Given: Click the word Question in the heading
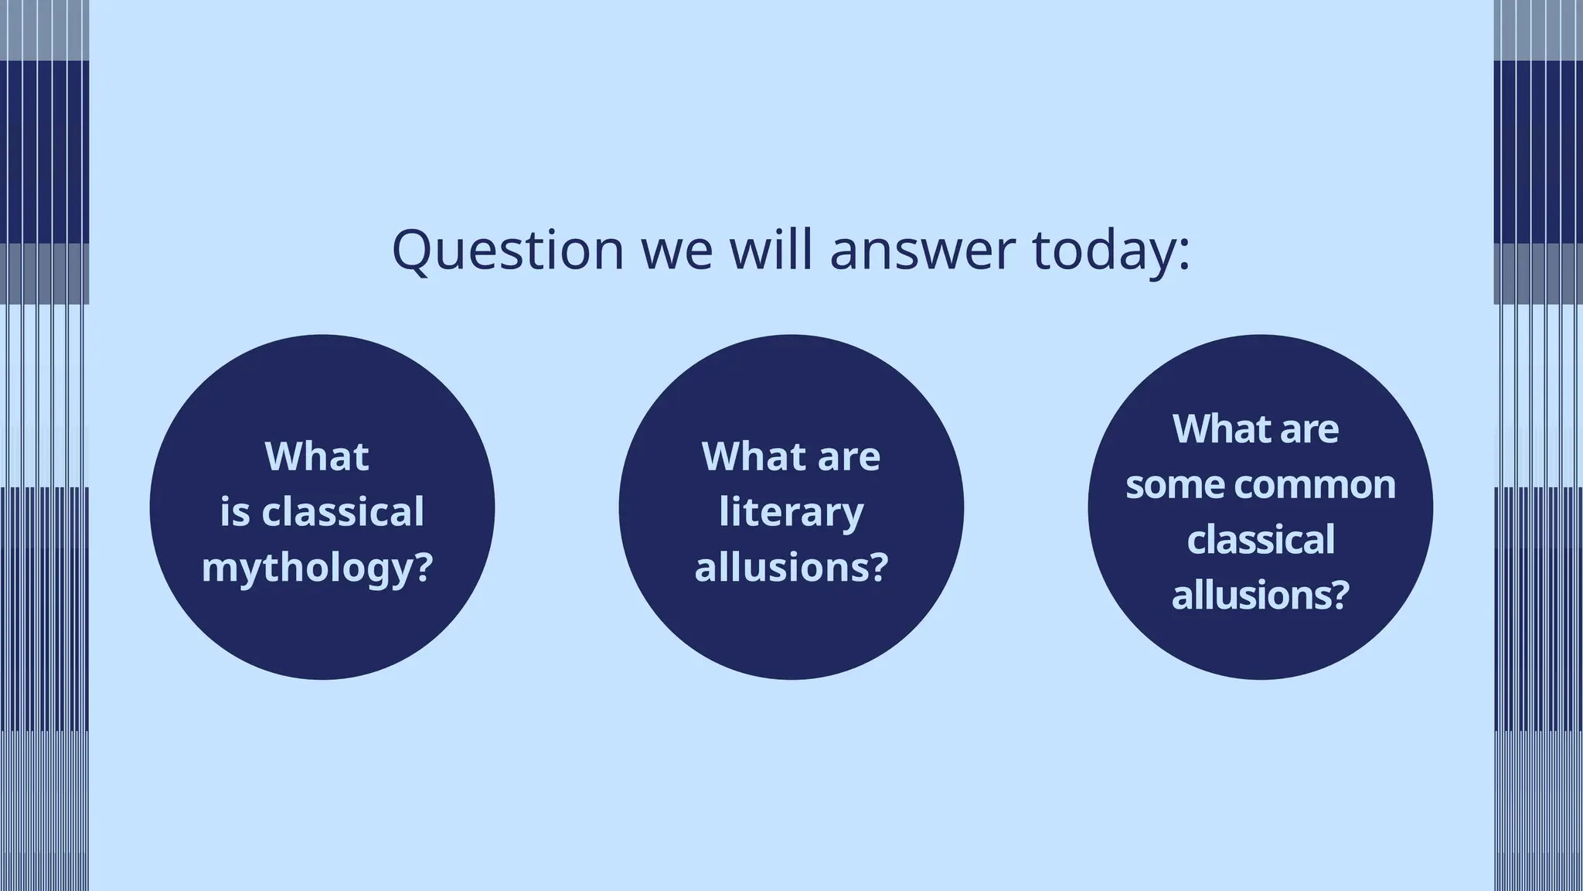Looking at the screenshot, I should pyautogui.click(x=507, y=250).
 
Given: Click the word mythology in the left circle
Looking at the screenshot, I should pyautogui.click(x=307, y=568).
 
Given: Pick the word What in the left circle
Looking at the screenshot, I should pyautogui.click(x=317, y=456).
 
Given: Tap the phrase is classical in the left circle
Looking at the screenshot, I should pyautogui.click(x=322, y=512).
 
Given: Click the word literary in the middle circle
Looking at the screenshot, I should pyautogui.click(x=791, y=512).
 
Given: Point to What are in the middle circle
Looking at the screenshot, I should pyautogui.click(x=791, y=456).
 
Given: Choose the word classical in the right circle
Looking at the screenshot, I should pyautogui.click(x=1261, y=540).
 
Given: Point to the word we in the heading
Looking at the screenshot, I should pyautogui.click(x=677, y=250).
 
